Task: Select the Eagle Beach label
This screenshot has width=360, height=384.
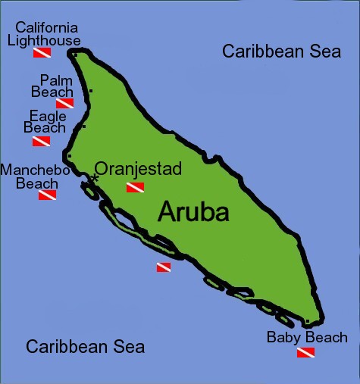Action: (47, 122)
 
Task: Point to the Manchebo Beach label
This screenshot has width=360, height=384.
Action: (34, 176)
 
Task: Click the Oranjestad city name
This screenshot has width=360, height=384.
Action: (137, 169)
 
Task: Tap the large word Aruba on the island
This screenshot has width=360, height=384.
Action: (193, 212)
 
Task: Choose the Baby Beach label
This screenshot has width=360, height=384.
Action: (307, 337)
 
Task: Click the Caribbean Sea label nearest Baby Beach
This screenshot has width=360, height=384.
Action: (85, 347)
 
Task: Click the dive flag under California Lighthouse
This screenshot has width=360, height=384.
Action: (42, 53)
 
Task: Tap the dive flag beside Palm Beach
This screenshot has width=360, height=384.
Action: (65, 103)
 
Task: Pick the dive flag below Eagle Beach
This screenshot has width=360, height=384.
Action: (42, 141)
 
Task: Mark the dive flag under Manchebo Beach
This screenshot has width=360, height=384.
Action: (47, 195)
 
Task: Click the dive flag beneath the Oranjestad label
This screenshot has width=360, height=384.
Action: (135, 187)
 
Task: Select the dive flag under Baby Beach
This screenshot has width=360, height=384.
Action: (305, 353)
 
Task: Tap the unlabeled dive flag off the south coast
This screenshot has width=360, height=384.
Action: (164, 267)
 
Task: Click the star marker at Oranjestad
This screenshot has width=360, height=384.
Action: (95, 177)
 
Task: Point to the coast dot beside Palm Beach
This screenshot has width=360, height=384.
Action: (90, 92)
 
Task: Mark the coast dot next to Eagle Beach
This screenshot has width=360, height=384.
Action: (83, 126)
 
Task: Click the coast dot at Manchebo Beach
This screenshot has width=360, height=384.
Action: (69, 157)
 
